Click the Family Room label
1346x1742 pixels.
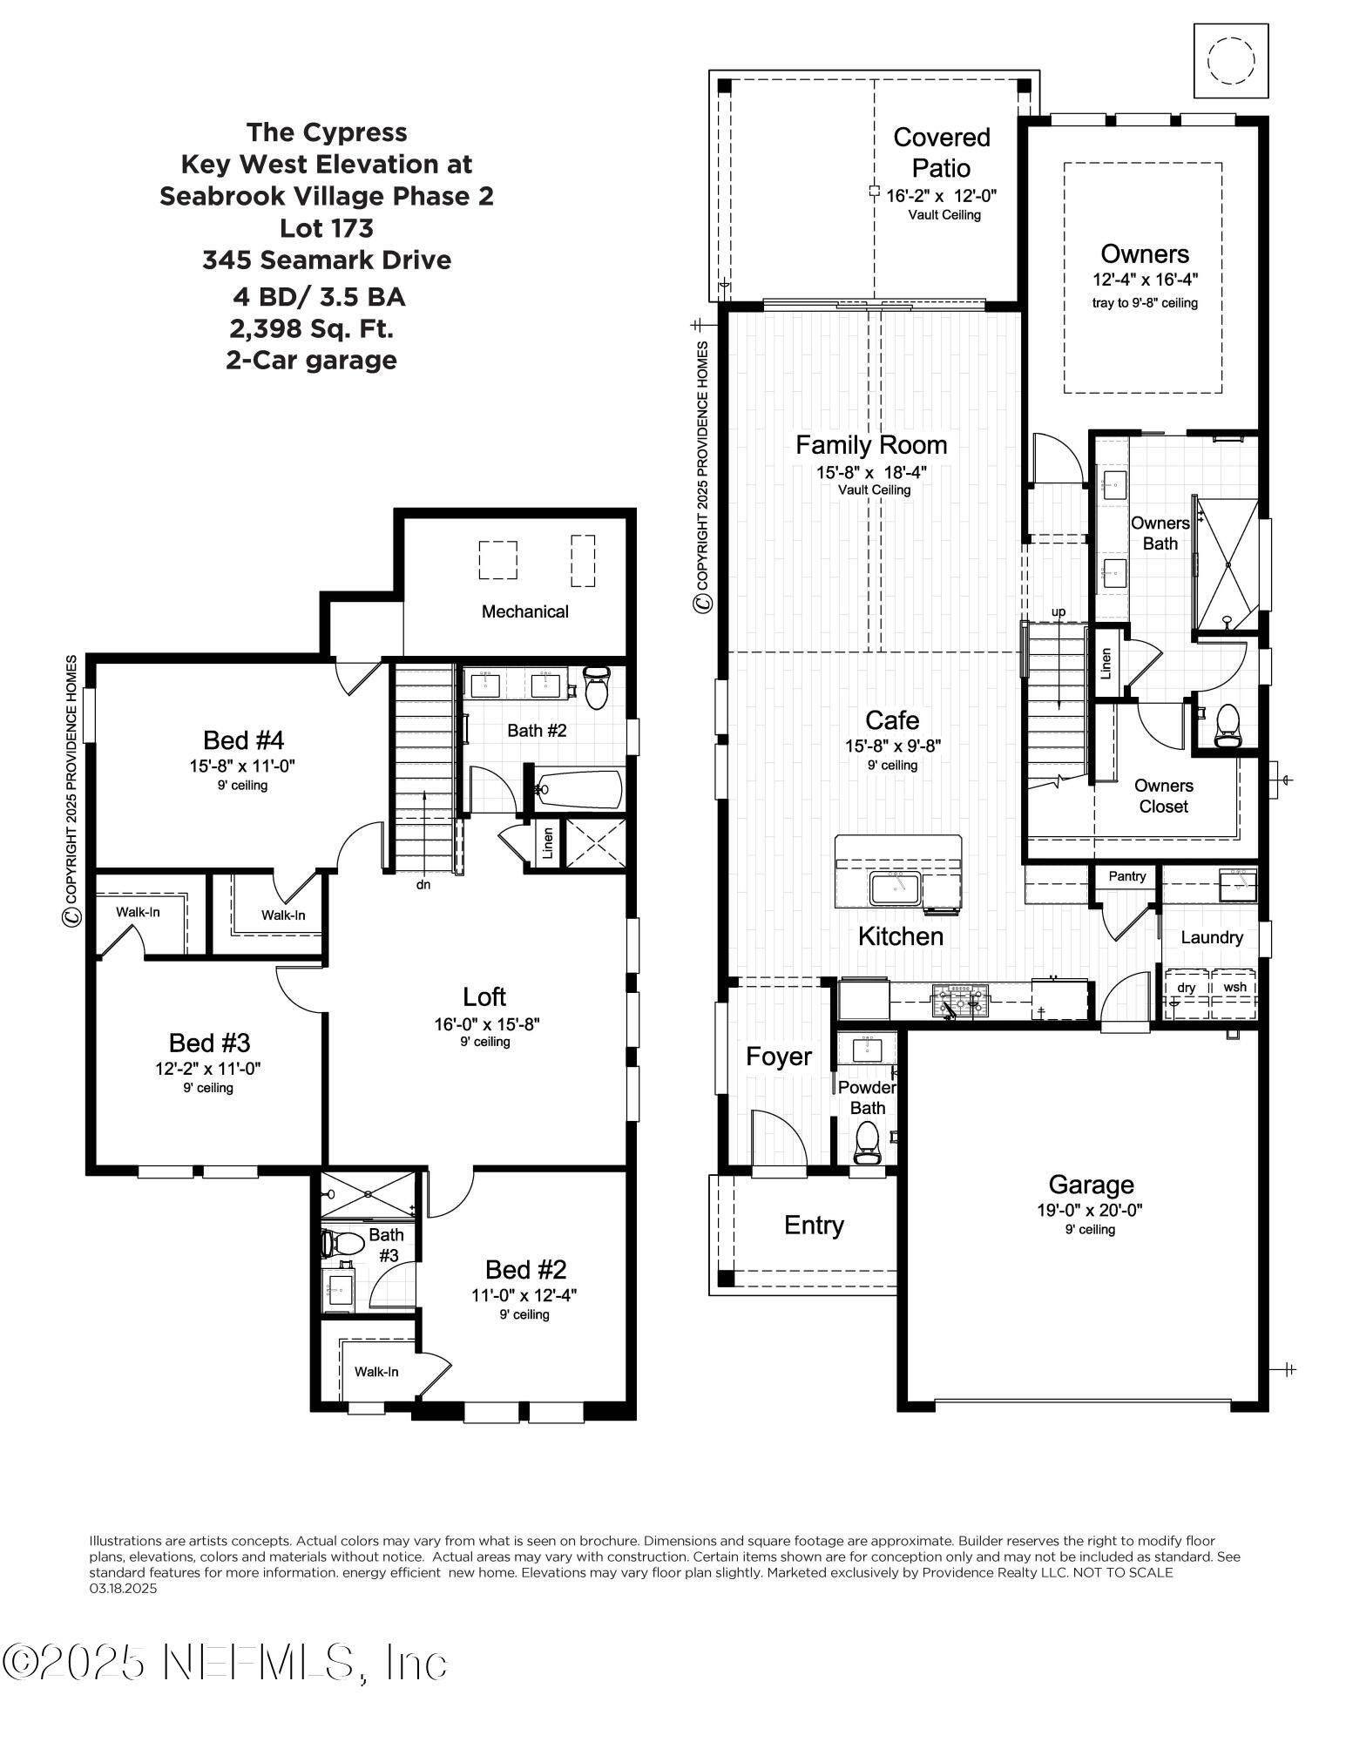point(870,445)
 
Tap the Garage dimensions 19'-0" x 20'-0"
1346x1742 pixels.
point(1090,1210)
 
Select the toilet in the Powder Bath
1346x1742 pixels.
point(867,1141)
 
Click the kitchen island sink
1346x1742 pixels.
point(895,889)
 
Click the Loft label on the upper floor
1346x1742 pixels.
point(484,996)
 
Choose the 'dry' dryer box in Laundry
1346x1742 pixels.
point(1186,988)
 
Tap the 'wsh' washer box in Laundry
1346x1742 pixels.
point(1234,988)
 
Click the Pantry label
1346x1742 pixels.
point(1126,876)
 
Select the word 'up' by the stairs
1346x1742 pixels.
point(1059,611)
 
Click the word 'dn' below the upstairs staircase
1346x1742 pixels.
point(423,884)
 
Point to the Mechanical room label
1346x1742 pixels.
point(524,611)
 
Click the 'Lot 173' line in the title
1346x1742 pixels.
point(327,228)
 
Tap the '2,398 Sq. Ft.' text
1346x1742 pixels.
point(312,328)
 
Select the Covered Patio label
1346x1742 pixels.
point(942,152)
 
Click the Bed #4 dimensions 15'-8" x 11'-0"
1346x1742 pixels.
point(243,766)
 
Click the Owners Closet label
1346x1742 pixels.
point(1163,795)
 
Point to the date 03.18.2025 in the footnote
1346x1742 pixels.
point(123,1588)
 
